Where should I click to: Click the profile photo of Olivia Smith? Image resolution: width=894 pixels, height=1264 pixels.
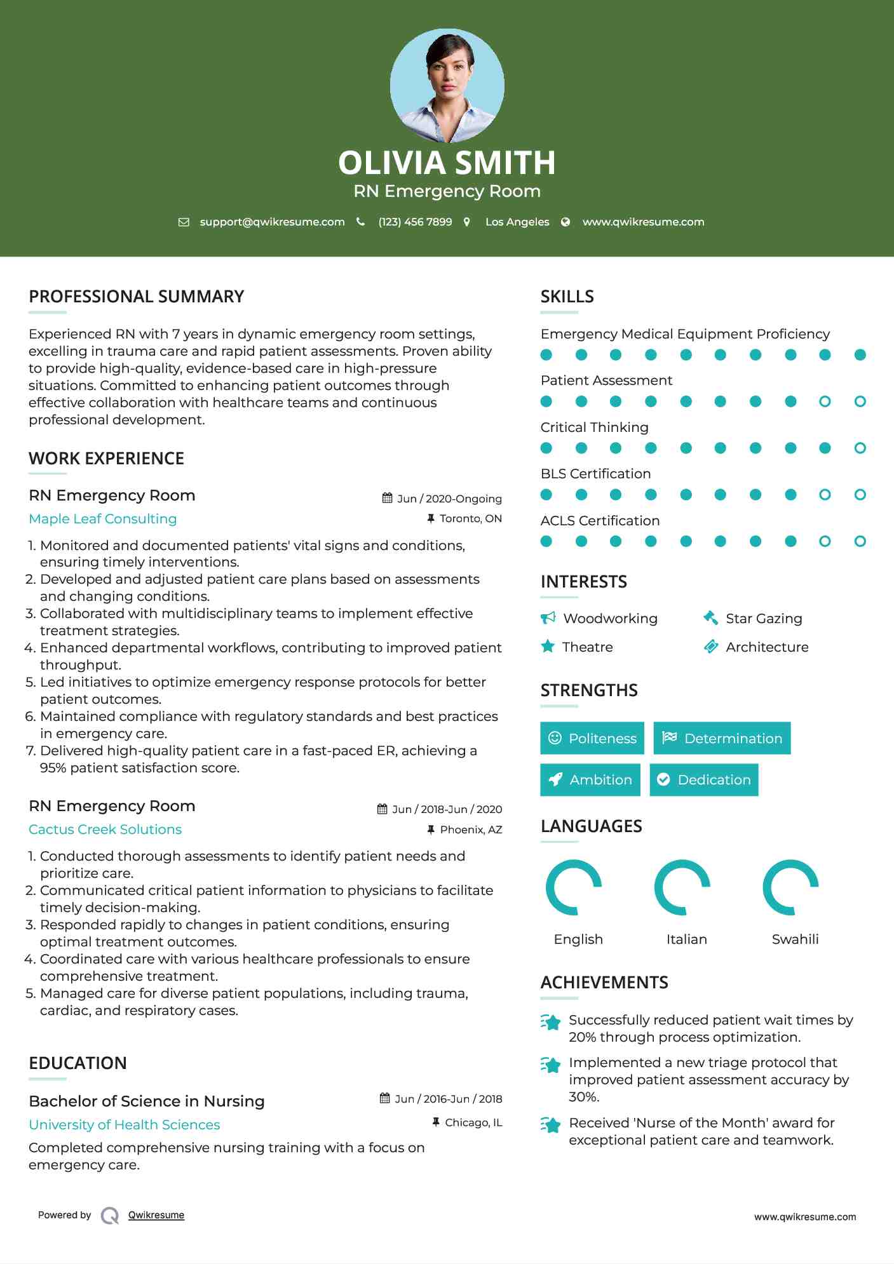(447, 85)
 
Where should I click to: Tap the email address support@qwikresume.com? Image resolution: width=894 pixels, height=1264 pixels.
(272, 222)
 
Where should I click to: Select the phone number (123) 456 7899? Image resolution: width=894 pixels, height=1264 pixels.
(415, 222)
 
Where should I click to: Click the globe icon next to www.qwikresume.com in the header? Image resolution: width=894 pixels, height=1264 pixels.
(566, 222)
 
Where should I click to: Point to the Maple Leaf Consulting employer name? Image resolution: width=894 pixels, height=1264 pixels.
(103, 518)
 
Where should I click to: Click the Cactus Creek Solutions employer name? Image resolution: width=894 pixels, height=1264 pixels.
(105, 829)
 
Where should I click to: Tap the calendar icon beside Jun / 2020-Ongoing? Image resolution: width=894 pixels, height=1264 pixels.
(387, 498)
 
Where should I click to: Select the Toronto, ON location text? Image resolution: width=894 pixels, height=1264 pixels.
(470, 518)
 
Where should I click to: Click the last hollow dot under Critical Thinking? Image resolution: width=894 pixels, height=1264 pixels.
(860, 448)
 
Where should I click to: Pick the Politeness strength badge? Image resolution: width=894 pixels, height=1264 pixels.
(592, 738)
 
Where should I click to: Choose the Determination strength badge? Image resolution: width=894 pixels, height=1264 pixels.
(722, 738)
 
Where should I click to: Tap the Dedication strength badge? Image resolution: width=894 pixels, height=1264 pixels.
(703, 779)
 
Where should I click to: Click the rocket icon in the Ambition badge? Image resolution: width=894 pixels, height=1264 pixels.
(555, 779)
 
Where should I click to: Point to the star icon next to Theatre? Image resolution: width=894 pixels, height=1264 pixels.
(548, 647)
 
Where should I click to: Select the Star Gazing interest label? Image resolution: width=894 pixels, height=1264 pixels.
(764, 618)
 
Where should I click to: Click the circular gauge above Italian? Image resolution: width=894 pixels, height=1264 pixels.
(682, 887)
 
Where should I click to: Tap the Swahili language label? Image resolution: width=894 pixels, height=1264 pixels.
(795, 939)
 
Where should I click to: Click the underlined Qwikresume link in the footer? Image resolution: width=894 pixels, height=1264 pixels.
(156, 1214)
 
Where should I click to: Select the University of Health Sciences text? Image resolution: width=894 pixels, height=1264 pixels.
(125, 1124)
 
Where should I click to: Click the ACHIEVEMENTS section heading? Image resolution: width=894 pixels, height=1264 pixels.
(604, 982)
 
